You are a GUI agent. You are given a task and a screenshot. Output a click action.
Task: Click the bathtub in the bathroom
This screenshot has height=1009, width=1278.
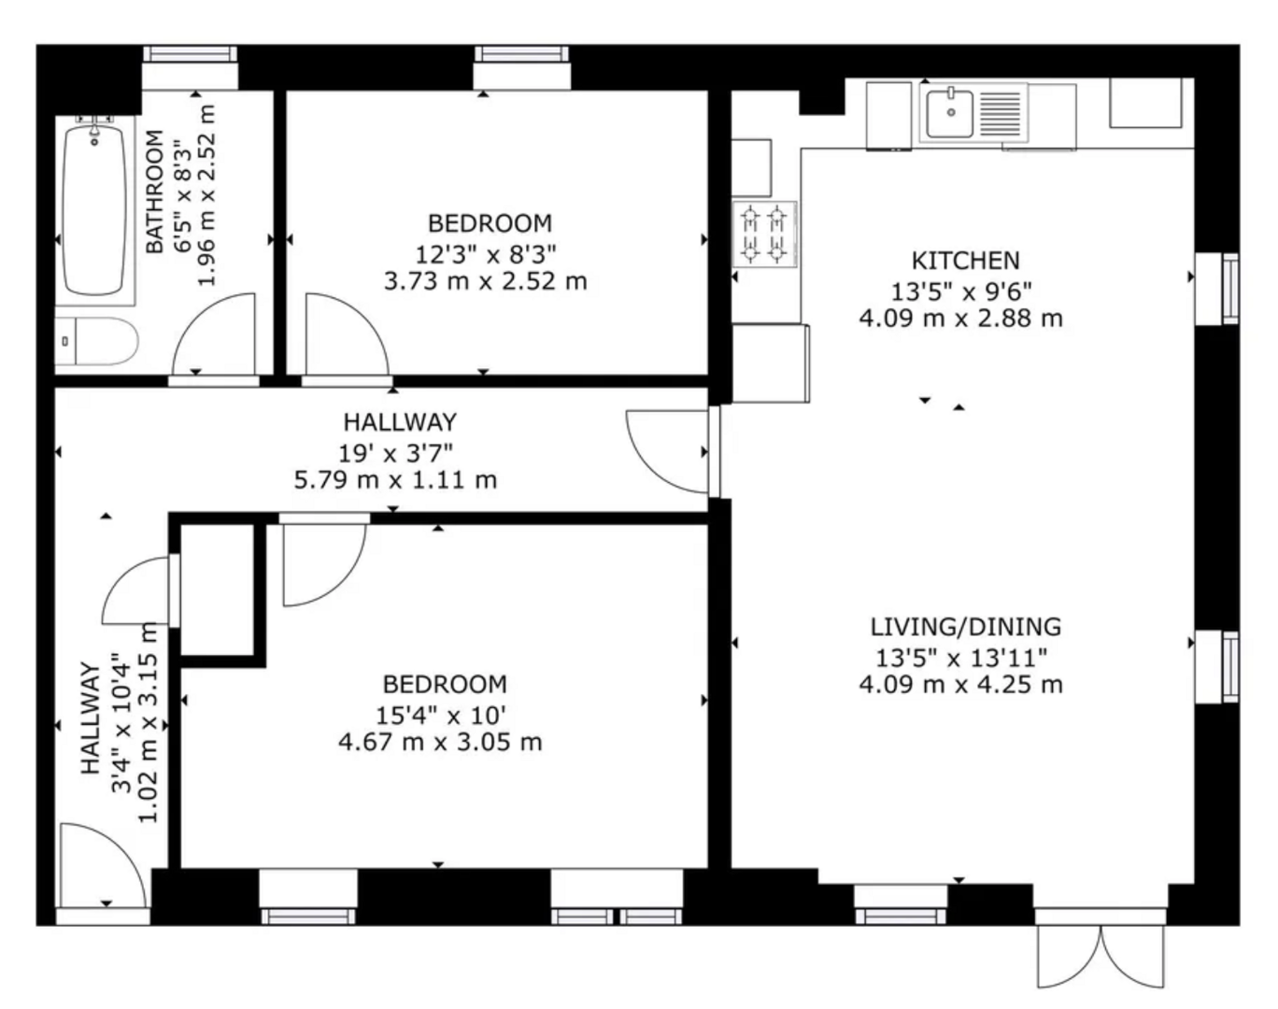click(93, 210)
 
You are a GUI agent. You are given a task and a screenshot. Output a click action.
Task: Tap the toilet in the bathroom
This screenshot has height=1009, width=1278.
click(97, 342)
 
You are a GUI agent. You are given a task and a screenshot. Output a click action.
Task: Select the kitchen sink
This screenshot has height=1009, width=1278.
click(951, 113)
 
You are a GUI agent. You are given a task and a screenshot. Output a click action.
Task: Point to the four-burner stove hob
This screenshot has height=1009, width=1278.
click(764, 234)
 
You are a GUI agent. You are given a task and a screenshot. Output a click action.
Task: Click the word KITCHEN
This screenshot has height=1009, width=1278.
click(965, 260)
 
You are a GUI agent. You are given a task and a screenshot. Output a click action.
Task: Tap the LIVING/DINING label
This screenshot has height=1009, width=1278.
click(965, 626)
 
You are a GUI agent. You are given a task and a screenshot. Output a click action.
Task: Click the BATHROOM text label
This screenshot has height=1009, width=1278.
click(155, 192)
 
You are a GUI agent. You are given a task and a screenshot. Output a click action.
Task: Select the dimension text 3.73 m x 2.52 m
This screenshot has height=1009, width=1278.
click(485, 281)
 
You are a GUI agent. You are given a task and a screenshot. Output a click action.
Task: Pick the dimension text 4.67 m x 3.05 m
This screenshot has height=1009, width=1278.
click(439, 743)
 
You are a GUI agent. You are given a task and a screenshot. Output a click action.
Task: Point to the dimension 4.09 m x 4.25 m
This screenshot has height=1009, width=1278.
click(960, 685)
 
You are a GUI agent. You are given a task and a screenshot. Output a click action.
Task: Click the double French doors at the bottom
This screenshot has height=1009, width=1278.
click(1101, 953)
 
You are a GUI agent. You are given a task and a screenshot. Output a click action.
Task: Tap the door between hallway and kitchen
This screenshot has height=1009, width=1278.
click(668, 451)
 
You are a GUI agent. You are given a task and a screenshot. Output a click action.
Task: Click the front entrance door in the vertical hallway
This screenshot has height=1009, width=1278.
click(100, 865)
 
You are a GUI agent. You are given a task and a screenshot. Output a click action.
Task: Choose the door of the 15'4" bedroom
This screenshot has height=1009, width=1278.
click(320, 562)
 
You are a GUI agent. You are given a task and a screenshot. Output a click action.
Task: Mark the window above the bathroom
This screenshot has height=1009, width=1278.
click(190, 55)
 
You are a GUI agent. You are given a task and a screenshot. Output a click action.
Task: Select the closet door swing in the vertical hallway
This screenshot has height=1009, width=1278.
click(137, 591)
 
